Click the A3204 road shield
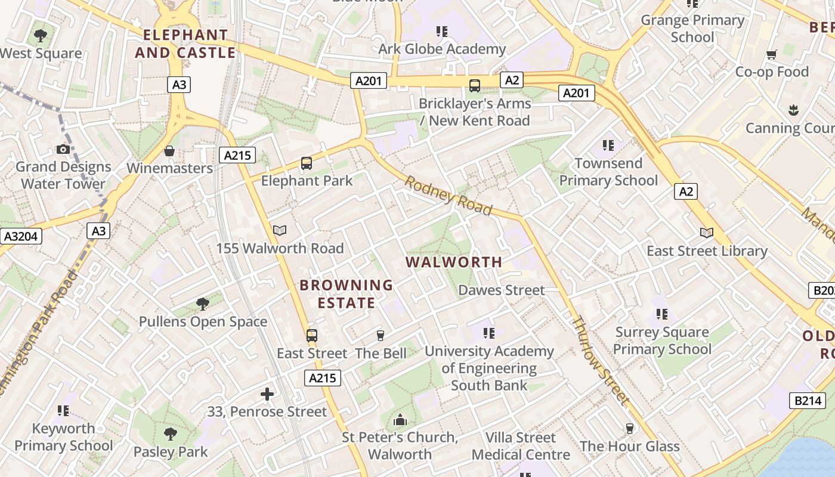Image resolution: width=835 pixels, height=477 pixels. tap(21, 237)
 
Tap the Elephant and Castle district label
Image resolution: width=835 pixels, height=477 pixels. tap(185, 44)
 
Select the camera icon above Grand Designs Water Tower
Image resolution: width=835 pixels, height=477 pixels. tap(63, 149)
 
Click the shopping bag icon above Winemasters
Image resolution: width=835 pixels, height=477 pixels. tap(169, 151)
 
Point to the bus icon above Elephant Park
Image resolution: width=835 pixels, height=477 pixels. tap(307, 163)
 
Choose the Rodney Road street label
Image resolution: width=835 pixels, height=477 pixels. tap(449, 195)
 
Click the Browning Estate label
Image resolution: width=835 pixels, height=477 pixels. tap(347, 294)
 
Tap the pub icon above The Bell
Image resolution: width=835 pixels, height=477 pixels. tap(381, 336)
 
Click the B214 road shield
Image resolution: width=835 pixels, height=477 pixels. tap(808, 401)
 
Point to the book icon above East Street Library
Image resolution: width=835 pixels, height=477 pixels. tap(707, 233)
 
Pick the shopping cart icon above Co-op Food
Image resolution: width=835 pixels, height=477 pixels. tap(772, 55)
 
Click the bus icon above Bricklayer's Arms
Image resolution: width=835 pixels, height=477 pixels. tap(475, 86)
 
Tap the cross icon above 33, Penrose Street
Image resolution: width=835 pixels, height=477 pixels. tap(267, 394)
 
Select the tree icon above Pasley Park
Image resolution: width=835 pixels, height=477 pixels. tap(171, 433)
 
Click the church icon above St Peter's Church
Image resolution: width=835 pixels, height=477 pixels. tap(400, 420)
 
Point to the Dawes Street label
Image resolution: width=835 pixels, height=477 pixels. tap(502, 290)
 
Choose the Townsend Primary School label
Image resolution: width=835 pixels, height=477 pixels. tap(608, 172)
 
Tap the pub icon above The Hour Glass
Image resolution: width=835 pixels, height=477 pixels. tap(629, 429)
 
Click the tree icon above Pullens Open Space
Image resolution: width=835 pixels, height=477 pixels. tap(203, 304)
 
